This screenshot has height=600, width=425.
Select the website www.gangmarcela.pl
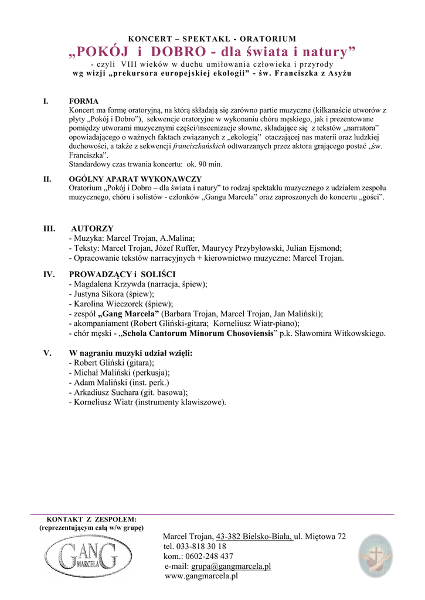[201, 577]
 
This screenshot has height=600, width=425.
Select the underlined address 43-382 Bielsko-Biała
[254, 536]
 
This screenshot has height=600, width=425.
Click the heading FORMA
[84, 101]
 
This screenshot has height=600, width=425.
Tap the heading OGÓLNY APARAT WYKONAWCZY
[135, 179]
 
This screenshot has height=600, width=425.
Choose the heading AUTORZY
[93, 228]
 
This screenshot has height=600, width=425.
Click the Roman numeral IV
[49, 274]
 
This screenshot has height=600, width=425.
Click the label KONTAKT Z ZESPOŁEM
[91, 519]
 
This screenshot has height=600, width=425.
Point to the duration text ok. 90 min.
[202, 163]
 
